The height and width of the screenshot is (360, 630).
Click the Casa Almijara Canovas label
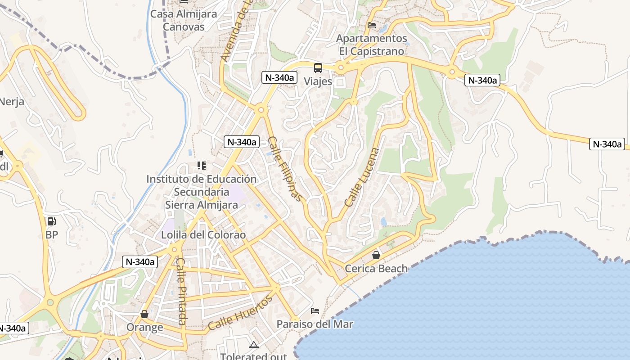[x=184, y=20]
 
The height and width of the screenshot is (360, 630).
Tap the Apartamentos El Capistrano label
[x=372, y=45]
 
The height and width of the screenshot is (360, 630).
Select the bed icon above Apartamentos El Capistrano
[x=372, y=25]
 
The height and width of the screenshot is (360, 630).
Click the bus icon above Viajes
[x=318, y=68]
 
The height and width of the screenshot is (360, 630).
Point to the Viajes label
[x=318, y=81]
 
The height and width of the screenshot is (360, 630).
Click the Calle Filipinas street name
[x=284, y=168]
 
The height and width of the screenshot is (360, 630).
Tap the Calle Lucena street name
[x=362, y=177]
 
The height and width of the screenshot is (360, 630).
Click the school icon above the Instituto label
[x=201, y=166]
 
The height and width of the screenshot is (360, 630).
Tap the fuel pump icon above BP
[x=52, y=221]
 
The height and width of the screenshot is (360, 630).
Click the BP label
[x=52, y=234]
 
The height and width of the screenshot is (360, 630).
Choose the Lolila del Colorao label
[x=203, y=235]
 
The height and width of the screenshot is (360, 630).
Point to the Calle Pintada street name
[x=181, y=291]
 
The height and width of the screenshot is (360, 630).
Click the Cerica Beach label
[x=376, y=269]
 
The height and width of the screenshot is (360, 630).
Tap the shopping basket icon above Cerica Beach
[x=376, y=256]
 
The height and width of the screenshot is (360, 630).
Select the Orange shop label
[x=144, y=327]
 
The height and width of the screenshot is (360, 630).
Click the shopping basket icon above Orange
[x=144, y=314]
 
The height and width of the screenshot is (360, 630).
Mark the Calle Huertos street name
[x=240, y=313]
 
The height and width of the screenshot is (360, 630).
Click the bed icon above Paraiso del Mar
[x=315, y=311]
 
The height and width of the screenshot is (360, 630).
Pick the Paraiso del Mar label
[x=315, y=324]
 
